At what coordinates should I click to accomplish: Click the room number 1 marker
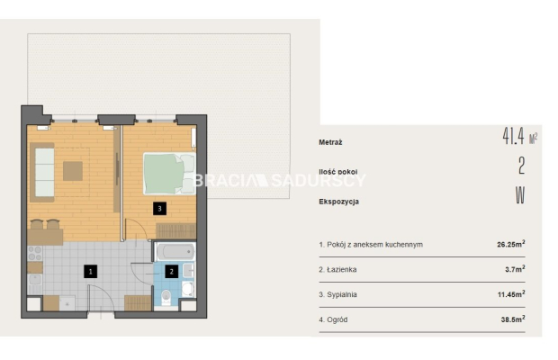pos(90,272)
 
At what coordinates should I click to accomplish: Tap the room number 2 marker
pos(171,272)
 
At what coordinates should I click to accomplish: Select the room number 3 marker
pos(159,209)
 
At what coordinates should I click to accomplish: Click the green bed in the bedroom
pos(169,174)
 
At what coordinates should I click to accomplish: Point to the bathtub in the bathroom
pos(175,252)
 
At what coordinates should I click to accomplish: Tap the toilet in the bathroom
pos(166,297)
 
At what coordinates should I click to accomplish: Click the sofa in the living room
pos(42,173)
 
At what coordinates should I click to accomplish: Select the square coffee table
pos(73,171)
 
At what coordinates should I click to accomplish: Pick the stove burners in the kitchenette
pos(35,253)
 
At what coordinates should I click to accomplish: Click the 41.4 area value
pos(514,136)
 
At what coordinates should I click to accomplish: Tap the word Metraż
pos(330,142)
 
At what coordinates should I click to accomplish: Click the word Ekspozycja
pos(338,202)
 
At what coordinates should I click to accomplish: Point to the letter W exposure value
pos(520,195)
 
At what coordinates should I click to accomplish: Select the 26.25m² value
pos(511,244)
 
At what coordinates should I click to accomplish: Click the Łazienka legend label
pos(337,270)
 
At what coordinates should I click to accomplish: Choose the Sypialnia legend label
pos(337,295)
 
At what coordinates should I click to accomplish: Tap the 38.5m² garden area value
pos(513,319)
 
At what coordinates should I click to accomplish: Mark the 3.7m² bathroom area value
pos(515,269)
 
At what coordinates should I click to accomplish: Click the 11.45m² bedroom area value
pos(511,294)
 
